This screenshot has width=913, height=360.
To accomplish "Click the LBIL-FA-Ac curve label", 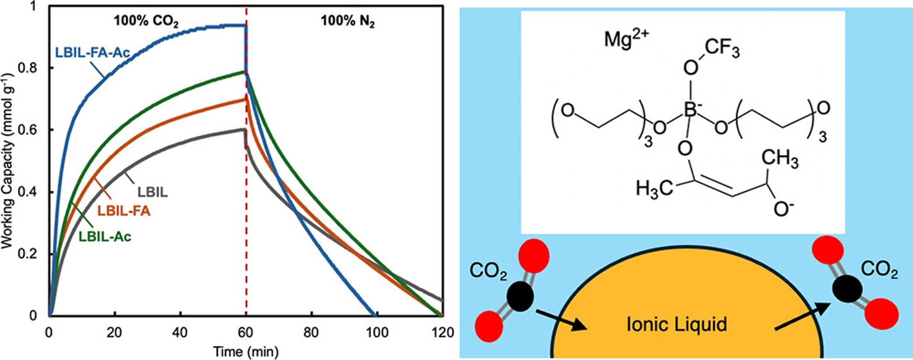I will (92, 53).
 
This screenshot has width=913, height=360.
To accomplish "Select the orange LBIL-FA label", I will (124, 211).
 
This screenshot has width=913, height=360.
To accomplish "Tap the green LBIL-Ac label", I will (105, 237).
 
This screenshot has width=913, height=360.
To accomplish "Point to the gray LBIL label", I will (153, 192).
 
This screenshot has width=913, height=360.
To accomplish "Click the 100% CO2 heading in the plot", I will (146, 21).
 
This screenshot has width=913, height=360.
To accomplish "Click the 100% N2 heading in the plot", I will (348, 21).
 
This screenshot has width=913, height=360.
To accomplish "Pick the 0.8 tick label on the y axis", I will (27, 68).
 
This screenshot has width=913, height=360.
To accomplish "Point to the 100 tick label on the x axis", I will (377, 333).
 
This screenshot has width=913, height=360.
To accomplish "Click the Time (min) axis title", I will (245, 351).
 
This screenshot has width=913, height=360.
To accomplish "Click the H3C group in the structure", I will (654, 189).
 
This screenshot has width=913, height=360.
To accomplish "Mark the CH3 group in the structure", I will (780, 159).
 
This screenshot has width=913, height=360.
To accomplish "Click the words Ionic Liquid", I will (676, 324).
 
